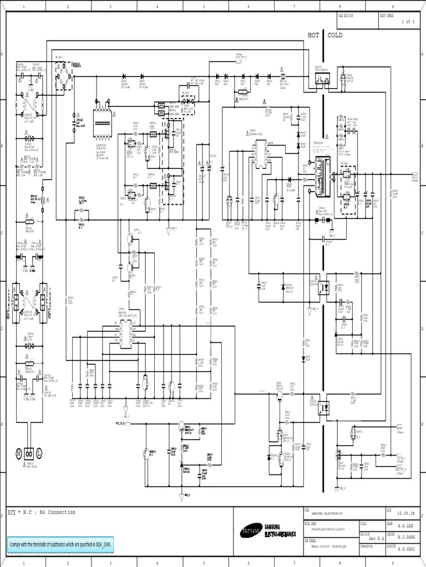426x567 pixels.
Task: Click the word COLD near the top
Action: (335, 35)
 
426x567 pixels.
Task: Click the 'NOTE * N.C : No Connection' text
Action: (42, 512)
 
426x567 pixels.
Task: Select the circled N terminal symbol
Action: (18, 453)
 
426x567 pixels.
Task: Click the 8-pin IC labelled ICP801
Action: (130, 331)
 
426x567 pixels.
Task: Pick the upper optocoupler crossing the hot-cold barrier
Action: (326, 287)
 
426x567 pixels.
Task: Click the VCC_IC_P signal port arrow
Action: (121, 422)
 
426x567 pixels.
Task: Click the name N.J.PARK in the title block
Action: (404, 538)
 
